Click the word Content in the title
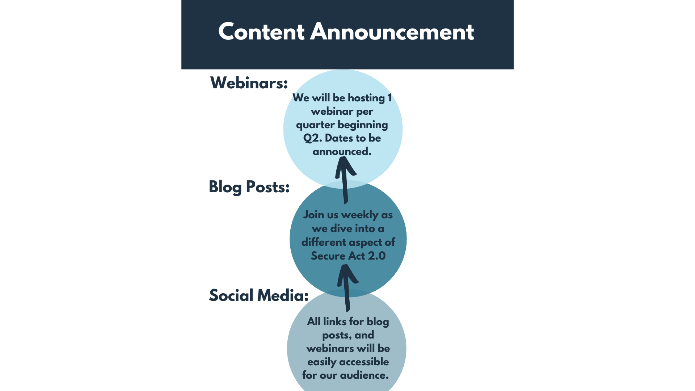261,32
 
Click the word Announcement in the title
392,32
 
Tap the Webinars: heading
249,83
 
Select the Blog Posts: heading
249,187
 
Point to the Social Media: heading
259,295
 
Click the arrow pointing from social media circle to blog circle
347,288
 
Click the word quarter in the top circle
315,125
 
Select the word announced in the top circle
342,151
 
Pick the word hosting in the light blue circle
366,98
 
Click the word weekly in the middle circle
360,215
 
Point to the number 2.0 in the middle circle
377,256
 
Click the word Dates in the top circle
339,138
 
